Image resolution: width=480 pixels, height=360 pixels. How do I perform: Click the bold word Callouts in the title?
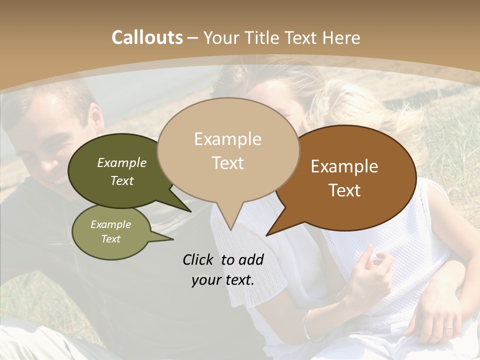(147, 37)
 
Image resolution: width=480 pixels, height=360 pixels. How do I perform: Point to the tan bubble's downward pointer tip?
(230, 230)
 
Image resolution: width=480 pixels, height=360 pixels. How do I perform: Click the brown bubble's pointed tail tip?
(266, 235)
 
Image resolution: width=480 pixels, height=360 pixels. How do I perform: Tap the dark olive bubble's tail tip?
(191, 212)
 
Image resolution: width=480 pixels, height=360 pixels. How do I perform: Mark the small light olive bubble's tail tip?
(173, 239)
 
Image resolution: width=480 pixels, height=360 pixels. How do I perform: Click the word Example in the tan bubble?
(227, 139)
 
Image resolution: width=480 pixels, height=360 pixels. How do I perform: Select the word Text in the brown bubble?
(345, 190)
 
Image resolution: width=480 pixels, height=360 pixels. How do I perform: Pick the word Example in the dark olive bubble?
(122, 162)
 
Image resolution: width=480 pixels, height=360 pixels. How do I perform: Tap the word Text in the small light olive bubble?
(111, 239)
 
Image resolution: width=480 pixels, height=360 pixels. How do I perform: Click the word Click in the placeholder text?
(198, 259)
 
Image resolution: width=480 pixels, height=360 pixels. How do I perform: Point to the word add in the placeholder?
(251, 259)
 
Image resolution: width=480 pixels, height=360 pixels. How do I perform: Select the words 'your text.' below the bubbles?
(223, 280)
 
